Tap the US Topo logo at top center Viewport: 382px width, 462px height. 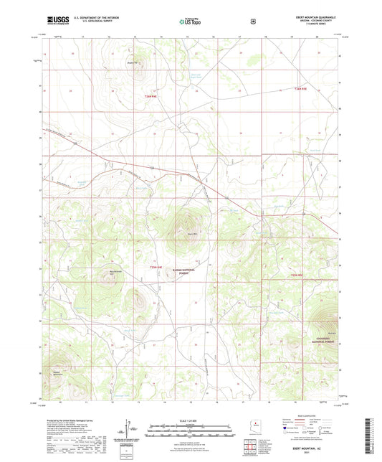click(190, 22)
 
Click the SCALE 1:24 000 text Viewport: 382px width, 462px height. click(190, 420)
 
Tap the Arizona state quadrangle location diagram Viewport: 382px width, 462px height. click(257, 425)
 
